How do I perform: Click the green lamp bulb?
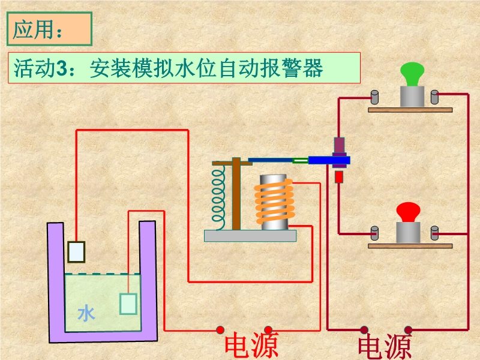tap(413, 74)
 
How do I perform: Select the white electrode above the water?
tap(76, 251)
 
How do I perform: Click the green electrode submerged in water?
tap(128, 303)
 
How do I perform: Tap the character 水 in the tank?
tap(86, 313)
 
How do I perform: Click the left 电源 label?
tap(251, 346)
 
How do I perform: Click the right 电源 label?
tap(385, 347)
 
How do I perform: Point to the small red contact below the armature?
tap(339, 177)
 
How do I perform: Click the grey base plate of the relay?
tap(250, 236)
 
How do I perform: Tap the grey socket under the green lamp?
tap(412, 96)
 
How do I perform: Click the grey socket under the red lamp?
tap(408, 232)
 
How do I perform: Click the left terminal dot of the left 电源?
tap(220, 329)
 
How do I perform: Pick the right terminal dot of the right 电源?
tap(408, 329)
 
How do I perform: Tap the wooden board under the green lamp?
tap(410, 109)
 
